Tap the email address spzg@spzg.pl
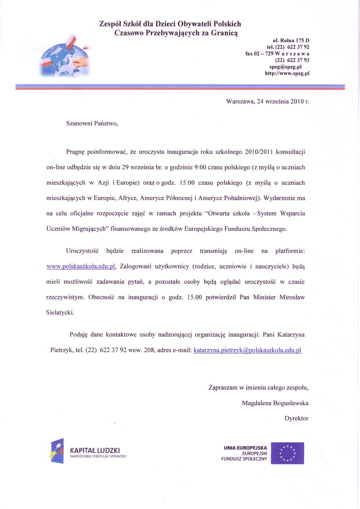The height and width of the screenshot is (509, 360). [x=289, y=67]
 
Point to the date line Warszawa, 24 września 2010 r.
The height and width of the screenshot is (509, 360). [x=267, y=102]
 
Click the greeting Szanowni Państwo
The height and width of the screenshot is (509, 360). [x=92, y=123]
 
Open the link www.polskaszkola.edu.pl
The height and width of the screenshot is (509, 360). [x=81, y=267]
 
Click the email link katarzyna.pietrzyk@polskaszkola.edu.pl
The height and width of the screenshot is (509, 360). [x=247, y=350]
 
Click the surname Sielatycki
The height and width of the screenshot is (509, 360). [x=60, y=313]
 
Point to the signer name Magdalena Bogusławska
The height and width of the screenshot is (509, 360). [x=275, y=403]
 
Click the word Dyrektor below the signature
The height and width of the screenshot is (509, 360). [x=296, y=418]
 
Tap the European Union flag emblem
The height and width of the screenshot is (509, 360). [x=287, y=453]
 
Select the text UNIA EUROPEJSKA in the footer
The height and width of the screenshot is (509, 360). [x=245, y=448]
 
